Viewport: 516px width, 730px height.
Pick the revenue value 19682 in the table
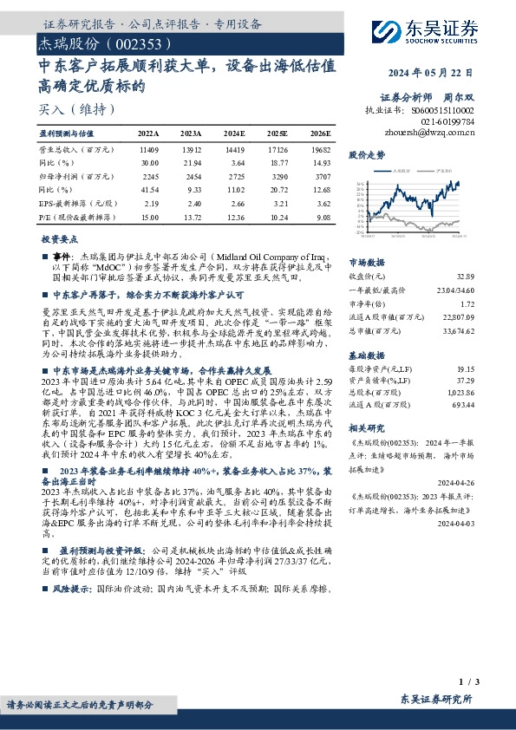click(320, 151)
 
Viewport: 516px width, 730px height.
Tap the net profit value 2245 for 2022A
click(148, 177)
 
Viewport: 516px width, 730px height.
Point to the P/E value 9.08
click(321, 218)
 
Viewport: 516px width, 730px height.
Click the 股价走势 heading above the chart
click(365, 154)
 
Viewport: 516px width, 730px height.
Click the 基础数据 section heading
click(365, 355)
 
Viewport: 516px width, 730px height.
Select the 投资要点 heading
click(59, 238)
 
